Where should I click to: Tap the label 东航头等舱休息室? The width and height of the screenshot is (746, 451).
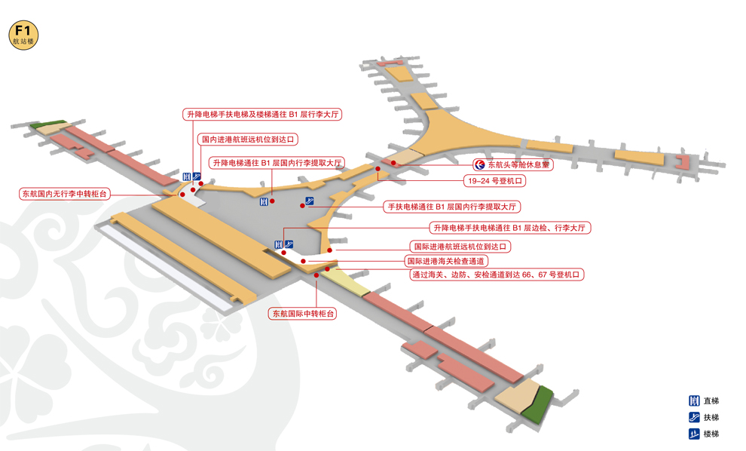518,164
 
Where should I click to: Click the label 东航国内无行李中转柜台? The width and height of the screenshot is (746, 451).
65,194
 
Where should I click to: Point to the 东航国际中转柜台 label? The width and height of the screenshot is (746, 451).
303,313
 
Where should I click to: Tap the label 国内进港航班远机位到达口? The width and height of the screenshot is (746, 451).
247,140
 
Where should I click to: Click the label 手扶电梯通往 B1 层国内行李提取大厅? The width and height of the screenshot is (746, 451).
453,206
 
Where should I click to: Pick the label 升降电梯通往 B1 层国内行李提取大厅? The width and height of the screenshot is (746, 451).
276,162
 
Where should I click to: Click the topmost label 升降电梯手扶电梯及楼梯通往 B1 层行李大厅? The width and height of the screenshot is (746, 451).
263,115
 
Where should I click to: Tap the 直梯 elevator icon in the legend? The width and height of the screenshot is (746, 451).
693,401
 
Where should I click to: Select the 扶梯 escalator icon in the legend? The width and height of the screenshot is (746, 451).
693,418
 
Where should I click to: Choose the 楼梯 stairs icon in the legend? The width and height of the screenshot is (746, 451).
693,434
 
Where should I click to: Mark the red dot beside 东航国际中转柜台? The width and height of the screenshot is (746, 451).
316,276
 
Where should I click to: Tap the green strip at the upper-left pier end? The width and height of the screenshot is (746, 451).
52,123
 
